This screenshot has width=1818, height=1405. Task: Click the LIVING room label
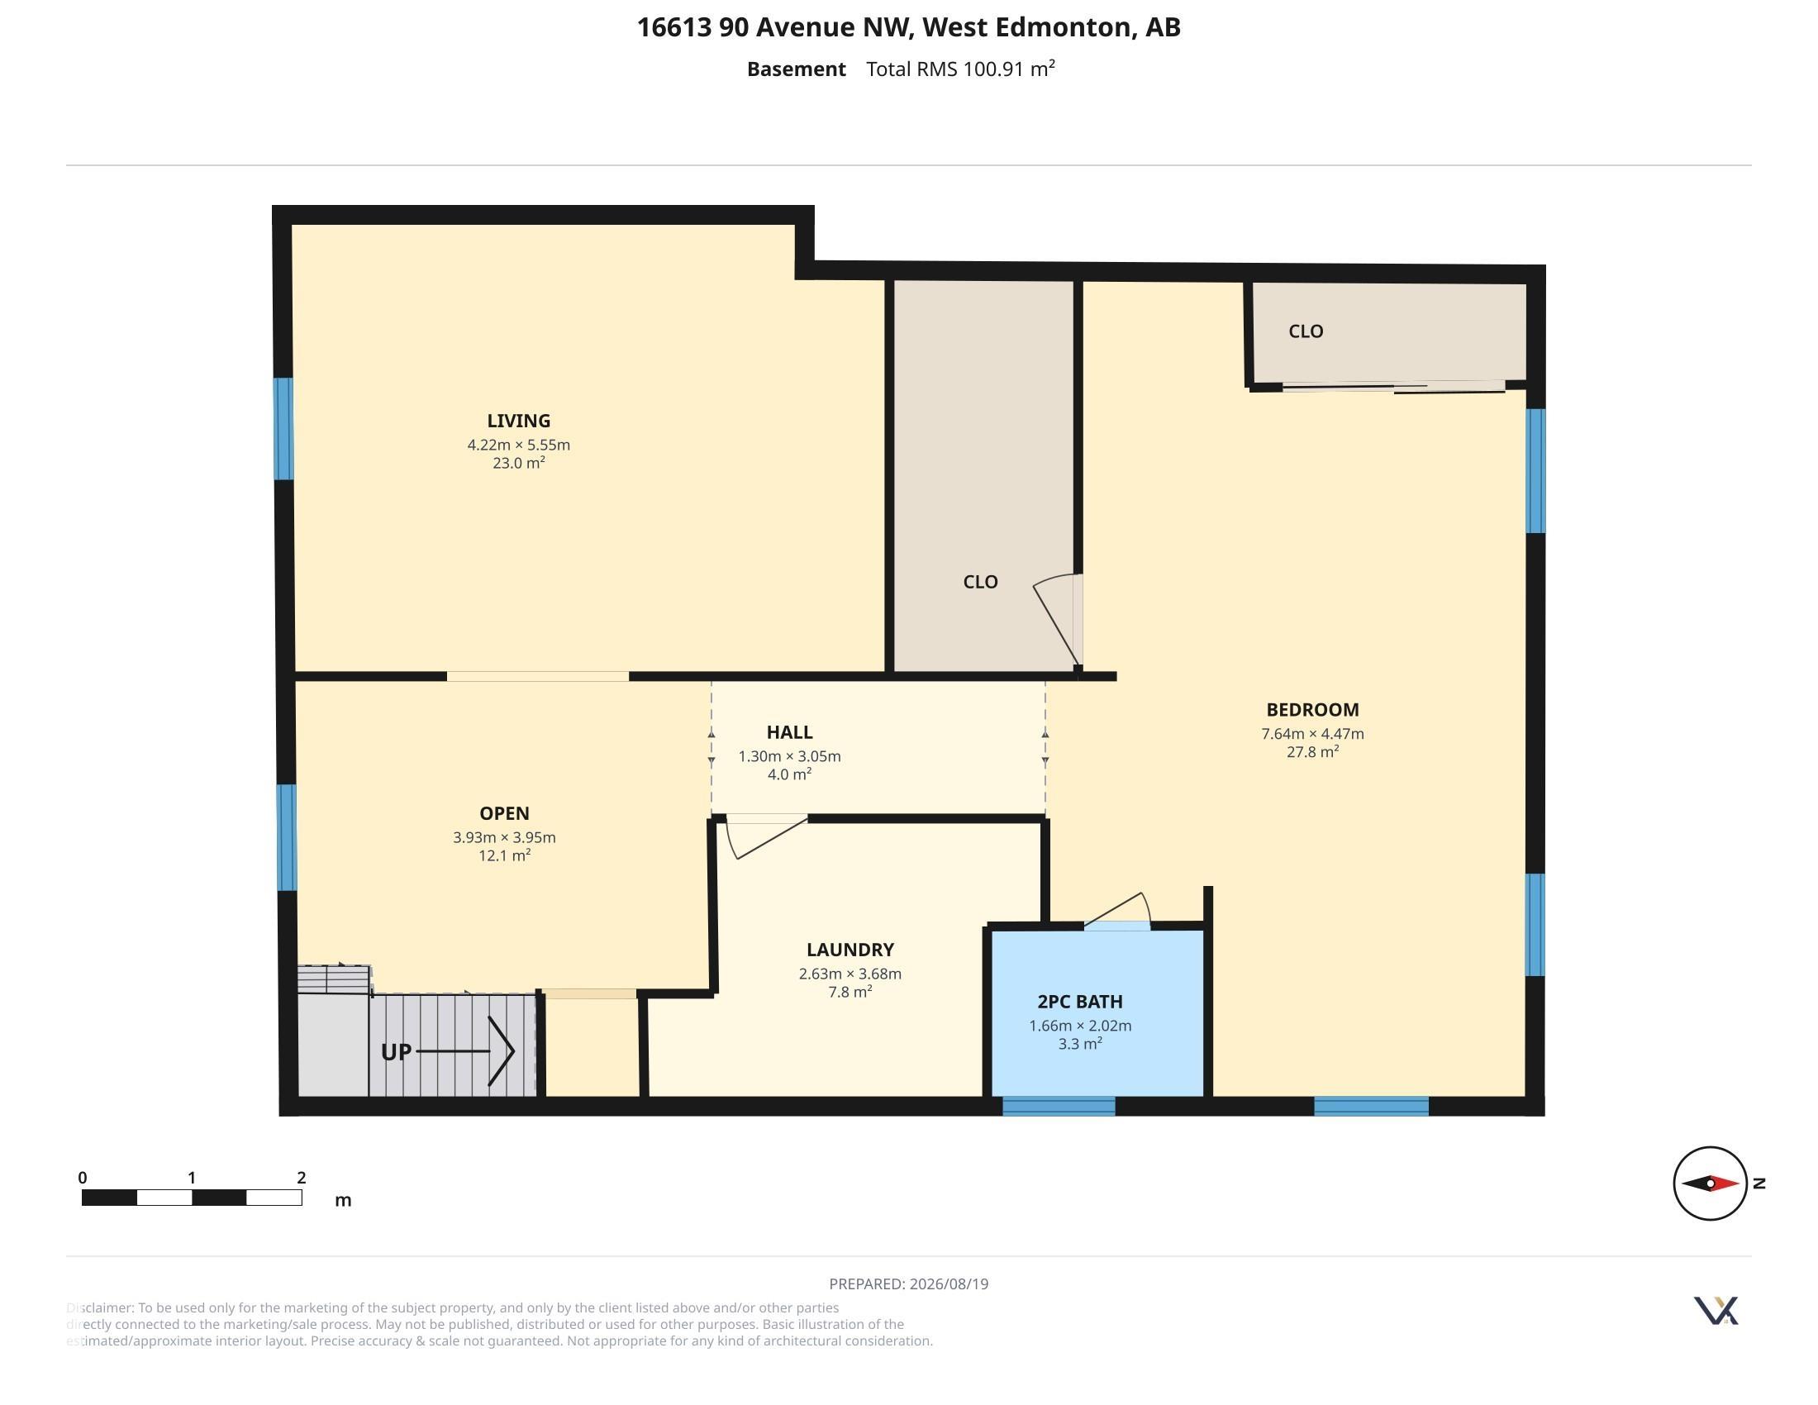tap(519, 421)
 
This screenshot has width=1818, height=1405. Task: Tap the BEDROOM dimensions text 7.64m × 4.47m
tap(1313, 734)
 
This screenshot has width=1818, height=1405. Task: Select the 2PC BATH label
tap(1080, 1003)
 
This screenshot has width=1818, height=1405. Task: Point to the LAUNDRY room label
tap(850, 950)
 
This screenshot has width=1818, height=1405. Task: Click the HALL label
tap(789, 732)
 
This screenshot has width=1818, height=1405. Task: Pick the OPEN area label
tap(504, 813)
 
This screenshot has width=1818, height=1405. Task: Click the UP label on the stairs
tap(396, 1052)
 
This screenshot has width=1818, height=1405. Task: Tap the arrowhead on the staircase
tap(502, 1051)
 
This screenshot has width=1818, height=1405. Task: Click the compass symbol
tap(1710, 1183)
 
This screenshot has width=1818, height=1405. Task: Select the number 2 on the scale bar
tap(302, 1178)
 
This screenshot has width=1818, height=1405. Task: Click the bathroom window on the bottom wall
tap(1058, 1106)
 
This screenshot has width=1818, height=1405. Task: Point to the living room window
tap(283, 429)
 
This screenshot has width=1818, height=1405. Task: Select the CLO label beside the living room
tap(980, 582)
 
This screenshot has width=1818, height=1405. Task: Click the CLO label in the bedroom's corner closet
tap(1305, 331)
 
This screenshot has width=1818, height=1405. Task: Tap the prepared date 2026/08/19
tap(949, 1284)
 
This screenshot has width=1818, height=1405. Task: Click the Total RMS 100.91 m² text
tap(960, 69)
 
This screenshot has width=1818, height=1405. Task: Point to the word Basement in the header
tap(796, 69)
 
